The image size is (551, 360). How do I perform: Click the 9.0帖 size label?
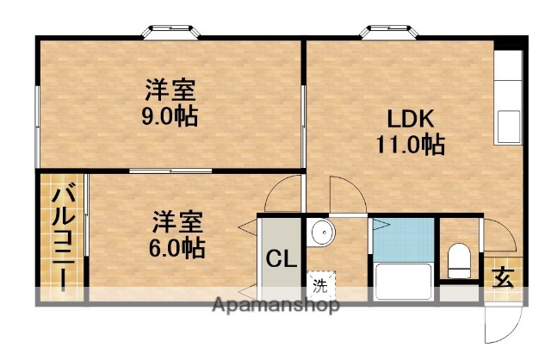(170, 115)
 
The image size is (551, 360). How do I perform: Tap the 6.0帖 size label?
(178, 249)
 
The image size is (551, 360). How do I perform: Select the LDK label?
(400, 119)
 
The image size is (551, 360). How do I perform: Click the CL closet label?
(277, 258)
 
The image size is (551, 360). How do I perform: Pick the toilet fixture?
(458, 258)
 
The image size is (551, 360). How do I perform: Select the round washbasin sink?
(321, 232)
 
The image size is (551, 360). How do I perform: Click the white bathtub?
(403, 281)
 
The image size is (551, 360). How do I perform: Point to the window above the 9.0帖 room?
(172, 33)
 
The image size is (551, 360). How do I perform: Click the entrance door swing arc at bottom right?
(504, 323)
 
